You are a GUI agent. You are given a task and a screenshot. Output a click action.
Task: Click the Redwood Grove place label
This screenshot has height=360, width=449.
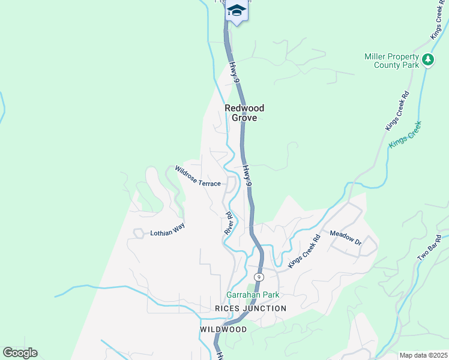pyautogui.click(x=244, y=113)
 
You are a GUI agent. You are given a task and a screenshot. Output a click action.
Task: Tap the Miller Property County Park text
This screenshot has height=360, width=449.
pyautogui.click(x=391, y=61)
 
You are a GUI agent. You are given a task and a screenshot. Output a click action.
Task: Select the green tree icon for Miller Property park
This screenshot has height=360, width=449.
pyautogui.click(x=427, y=59)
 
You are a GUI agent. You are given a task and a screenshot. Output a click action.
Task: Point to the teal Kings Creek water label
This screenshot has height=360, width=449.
pyautogui.click(x=406, y=134)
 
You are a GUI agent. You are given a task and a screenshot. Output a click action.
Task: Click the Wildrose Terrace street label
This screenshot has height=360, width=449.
pyautogui.click(x=197, y=176)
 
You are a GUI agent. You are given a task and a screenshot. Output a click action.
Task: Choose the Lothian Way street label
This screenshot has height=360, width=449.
pyautogui.click(x=167, y=230)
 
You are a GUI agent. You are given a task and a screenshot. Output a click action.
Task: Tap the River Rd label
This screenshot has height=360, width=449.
pyautogui.click(x=229, y=222)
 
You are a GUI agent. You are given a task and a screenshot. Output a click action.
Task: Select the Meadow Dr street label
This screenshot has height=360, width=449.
pyautogui.click(x=345, y=237)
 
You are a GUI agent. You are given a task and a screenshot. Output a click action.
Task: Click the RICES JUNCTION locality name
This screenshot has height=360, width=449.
pyautogui.click(x=250, y=308)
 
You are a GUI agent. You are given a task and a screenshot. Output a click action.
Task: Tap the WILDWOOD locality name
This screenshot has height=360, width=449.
pyautogui.click(x=223, y=330)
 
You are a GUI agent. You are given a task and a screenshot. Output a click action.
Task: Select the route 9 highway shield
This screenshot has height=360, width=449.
pyautogui.click(x=258, y=277)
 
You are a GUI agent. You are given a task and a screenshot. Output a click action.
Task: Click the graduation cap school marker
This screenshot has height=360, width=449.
pyautogui.click(x=237, y=10)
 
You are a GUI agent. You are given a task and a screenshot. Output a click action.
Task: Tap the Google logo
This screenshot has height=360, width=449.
pyautogui.click(x=20, y=353)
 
